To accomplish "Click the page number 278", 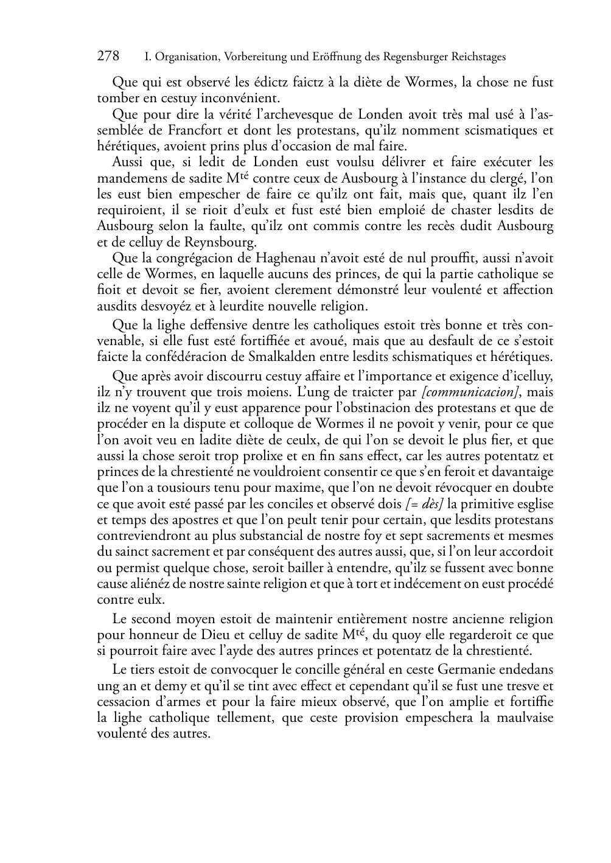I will (108, 57).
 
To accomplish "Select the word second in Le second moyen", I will (152, 620).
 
